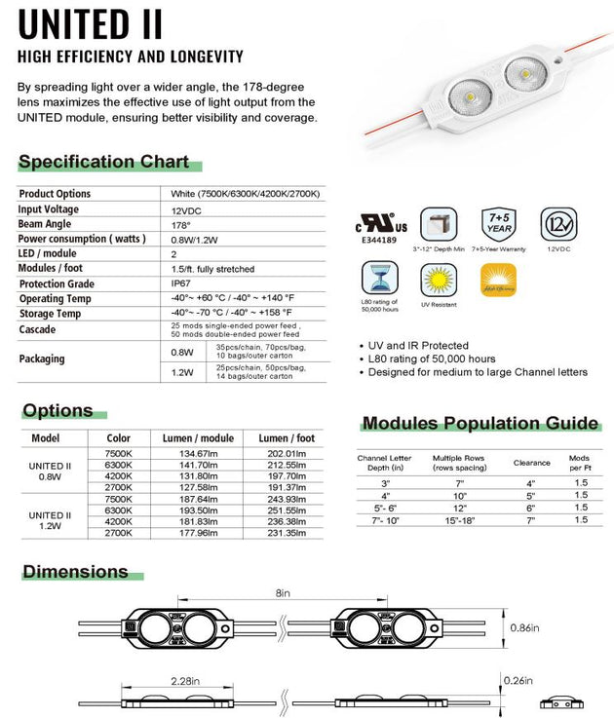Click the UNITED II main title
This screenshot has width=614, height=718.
(91, 22)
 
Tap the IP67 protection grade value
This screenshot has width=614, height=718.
(181, 283)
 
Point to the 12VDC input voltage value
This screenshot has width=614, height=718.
(185, 210)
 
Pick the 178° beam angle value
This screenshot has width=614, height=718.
(180, 225)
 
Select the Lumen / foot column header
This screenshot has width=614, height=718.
(288, 437)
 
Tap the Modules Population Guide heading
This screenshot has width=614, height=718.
(480, 423)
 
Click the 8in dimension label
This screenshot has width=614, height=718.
(282, 591)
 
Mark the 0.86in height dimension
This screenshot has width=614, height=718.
(524, 628)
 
